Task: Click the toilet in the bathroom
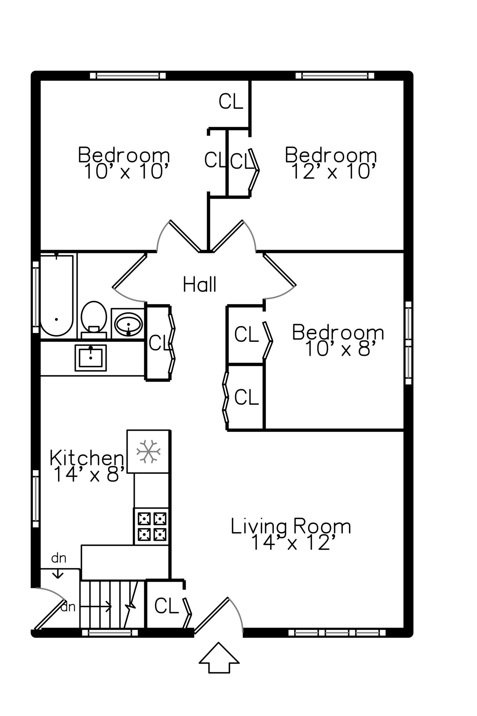click(94, 320)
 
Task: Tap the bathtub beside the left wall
click(57, 295)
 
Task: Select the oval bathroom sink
click(128, 324)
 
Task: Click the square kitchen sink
click(91, 358)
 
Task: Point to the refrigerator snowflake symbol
click(148, 451)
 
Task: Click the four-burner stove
click(151, 526)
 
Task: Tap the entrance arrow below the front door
click(219, 658)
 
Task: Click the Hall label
click(200, 285)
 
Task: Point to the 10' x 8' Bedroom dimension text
click(341, 349)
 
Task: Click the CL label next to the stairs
click(166, 606)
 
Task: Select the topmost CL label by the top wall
click(231, 101)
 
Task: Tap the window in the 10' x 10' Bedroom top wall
click(128, 76)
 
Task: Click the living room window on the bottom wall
click(337, 633)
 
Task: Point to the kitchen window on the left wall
click(35, 498)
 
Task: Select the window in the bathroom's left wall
click(35, 297)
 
